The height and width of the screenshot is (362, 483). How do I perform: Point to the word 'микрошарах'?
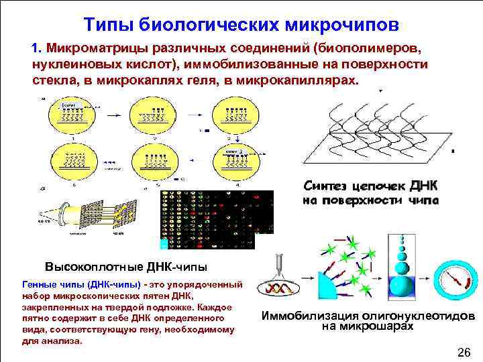[375, 326]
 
